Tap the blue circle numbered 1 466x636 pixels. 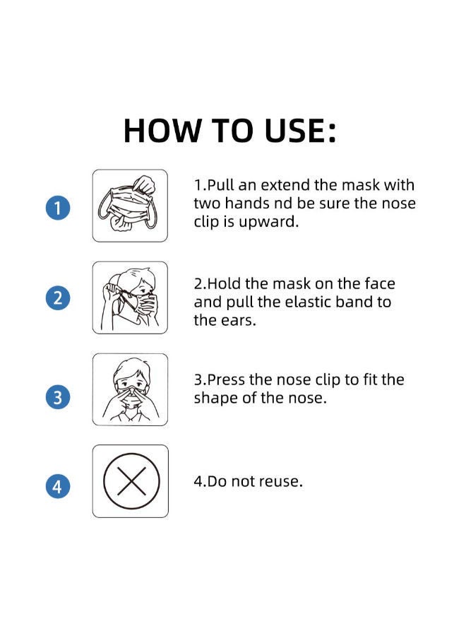[x=58, y=208]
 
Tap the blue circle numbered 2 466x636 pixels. [x=58, y=298]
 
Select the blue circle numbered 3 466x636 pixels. [x=58, y=397]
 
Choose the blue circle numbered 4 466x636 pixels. [x=58, y=486]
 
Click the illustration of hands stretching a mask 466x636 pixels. [x=131, y=206]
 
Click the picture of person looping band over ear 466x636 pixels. [x=131, y=298]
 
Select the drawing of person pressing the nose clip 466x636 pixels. [x=131, y=389]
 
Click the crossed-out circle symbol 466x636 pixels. [x=131, y=481]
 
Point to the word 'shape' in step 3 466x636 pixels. [x=215, y=399]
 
